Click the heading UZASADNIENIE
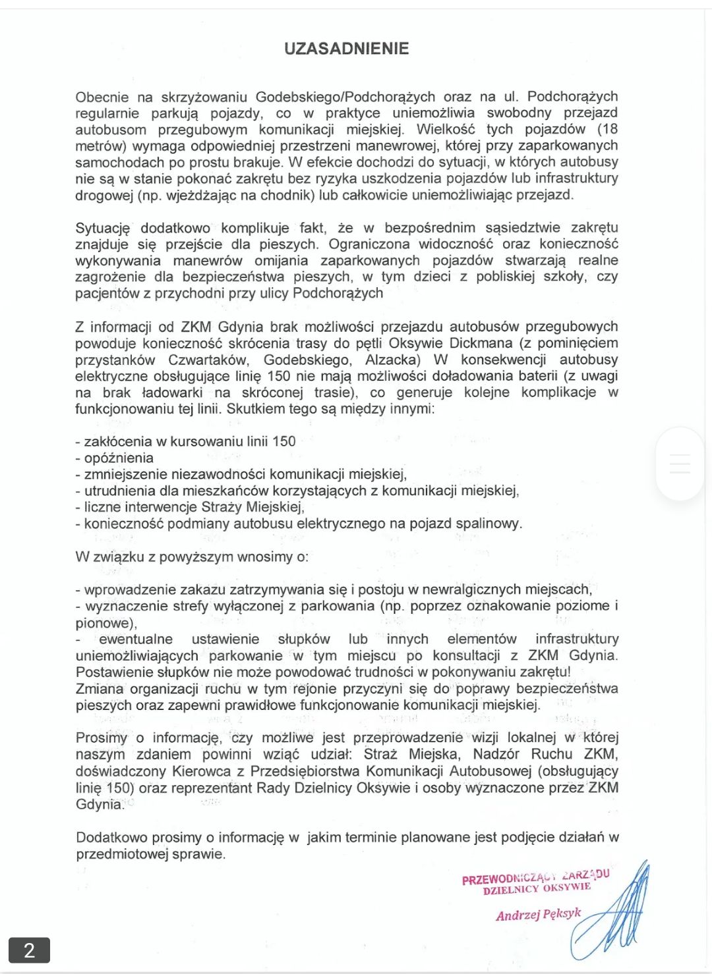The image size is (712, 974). (x=346, y=49)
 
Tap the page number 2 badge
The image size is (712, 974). (x=29, y=950)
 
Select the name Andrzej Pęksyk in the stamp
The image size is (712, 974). (x=538, y=914)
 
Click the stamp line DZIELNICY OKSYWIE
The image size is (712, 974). (x=537, y=889)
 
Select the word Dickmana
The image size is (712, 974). (x=481, y=343)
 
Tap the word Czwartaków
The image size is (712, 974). (x=208, y=360)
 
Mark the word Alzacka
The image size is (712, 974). (x=392, y=360)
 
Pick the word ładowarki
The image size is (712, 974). (x=171, y=392)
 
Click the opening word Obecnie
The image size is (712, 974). (x=102, y=97)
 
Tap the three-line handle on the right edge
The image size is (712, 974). (x=680, y=464)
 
